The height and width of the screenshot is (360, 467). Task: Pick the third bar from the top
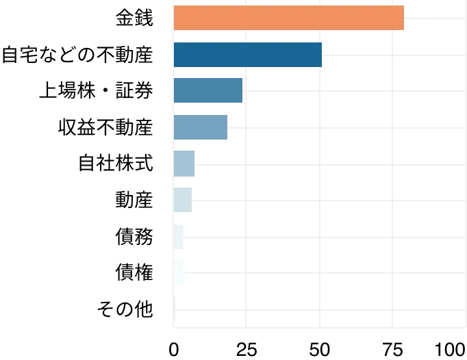(208, 90)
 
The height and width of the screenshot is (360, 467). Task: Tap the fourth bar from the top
(201, 128)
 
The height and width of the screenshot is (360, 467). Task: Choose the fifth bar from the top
(186, 164)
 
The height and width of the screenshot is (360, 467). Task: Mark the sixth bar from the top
(183, 200)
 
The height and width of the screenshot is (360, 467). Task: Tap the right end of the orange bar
(403, 18)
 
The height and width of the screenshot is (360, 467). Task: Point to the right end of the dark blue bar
(321, 55)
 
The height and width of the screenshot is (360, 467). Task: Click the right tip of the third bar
(242, 90)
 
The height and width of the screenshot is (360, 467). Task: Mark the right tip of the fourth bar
(228, 128)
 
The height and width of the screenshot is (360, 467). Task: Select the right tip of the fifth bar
(196, 164)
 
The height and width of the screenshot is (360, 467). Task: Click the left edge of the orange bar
(175, 18)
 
